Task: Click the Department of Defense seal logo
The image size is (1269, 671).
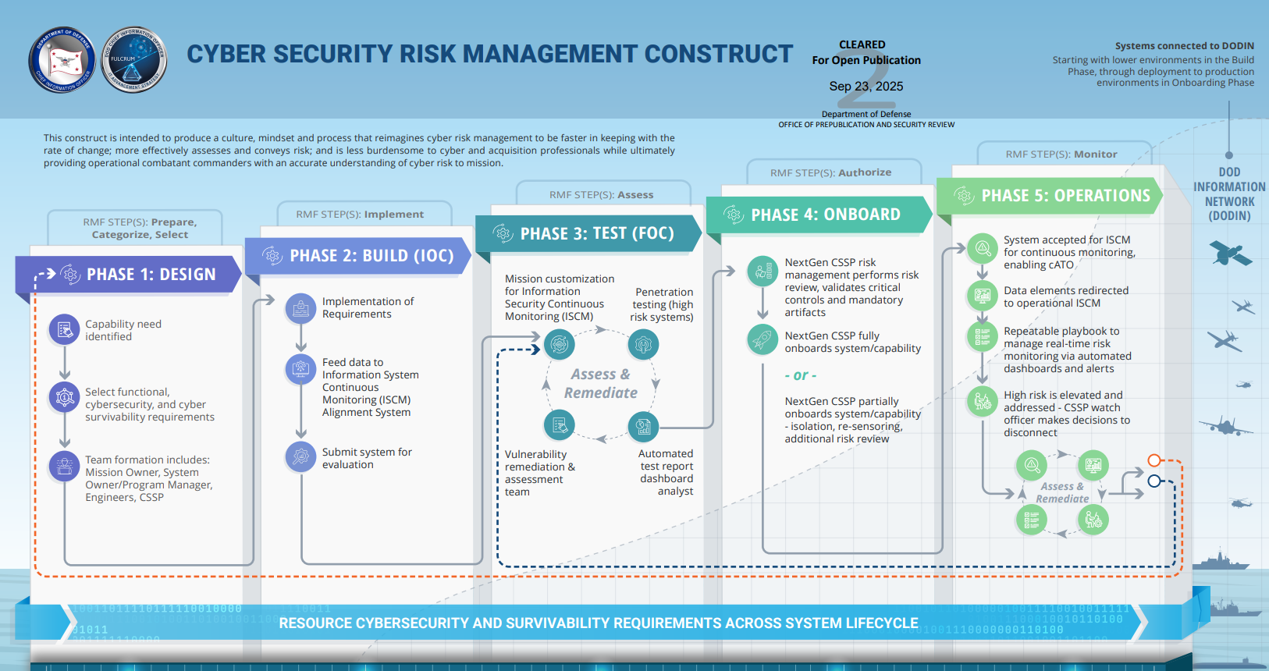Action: [x=62, y=60]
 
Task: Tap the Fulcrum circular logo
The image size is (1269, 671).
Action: [x=133, y=60]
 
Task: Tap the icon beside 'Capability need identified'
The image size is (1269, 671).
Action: [x=65, y=330]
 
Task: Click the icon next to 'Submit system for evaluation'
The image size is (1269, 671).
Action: [x=300, y=458]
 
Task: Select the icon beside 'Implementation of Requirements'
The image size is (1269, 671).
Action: [x=300, y=308]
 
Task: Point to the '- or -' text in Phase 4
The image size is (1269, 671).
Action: [x=801, y=375]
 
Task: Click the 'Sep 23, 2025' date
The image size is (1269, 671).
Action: [x=866, y=87]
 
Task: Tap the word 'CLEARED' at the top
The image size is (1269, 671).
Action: [x=862, y=44]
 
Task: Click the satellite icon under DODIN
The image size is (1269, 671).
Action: [x=1229, y=254]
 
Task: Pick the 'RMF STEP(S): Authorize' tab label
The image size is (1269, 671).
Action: [x=830, y=172]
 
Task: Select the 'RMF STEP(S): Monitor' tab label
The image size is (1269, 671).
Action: [x=1061, y=154]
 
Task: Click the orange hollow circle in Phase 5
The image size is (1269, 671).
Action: [x=1155, y=460]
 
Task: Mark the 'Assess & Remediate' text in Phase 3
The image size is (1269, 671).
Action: [x=601, y=384]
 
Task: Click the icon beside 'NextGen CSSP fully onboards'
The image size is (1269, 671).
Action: [x=762, y=340]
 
